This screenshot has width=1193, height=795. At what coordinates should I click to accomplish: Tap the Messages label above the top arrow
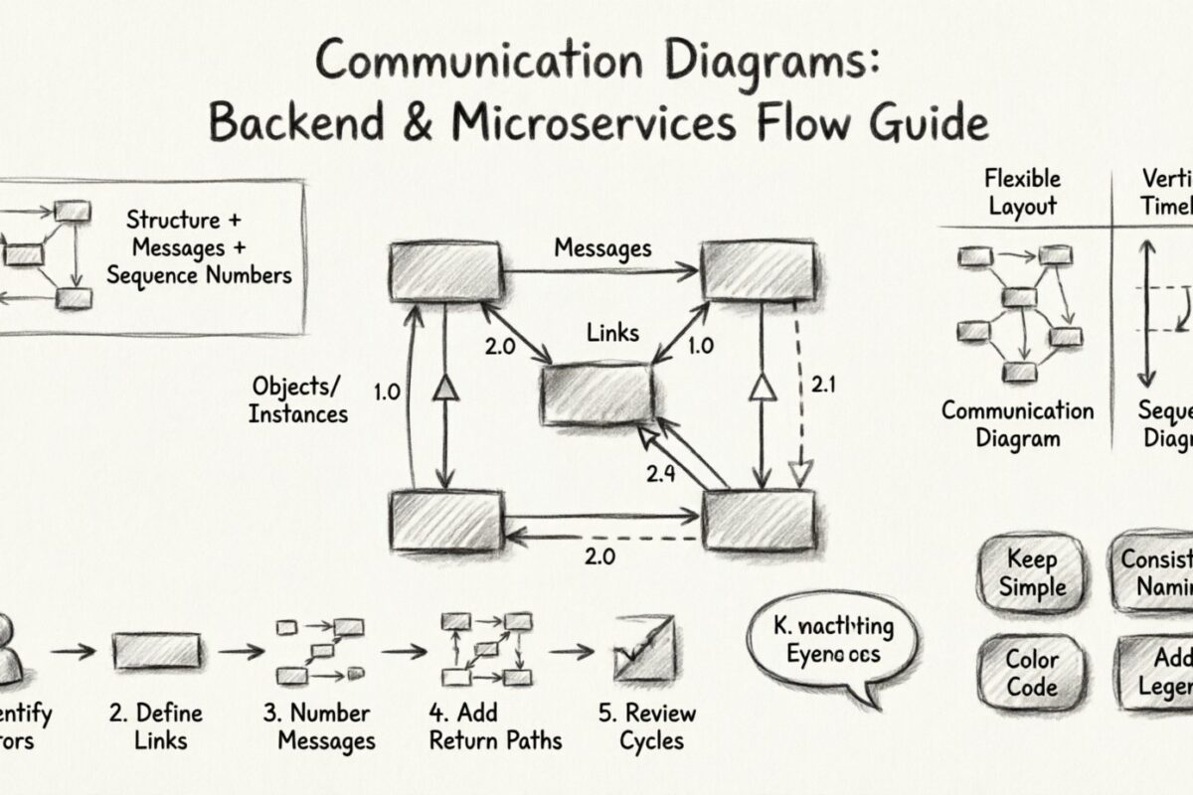click(602, 247)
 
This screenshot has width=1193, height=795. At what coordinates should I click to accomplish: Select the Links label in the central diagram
click(612, 332)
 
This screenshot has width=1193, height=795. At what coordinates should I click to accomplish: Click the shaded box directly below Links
click(596, 394)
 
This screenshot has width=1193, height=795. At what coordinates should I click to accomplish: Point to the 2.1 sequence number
click(823, 383)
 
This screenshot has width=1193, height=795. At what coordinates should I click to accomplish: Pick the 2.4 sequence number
click(662, 474)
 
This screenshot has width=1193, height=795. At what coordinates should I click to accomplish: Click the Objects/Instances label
click(298, 399)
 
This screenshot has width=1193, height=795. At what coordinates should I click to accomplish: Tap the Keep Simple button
click(1032, 572)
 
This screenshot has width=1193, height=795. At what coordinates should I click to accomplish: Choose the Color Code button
click(1031, 673)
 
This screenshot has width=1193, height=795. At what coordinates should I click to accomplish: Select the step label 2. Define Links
click(156, 726)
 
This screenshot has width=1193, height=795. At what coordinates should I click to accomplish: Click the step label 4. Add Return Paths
click(494, 726)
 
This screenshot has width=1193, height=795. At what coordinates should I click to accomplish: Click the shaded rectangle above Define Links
click(157, 652)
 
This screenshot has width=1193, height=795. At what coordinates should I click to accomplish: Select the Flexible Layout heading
click(1022, 193)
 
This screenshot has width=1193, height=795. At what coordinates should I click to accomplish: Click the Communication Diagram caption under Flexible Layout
click(1017, 424)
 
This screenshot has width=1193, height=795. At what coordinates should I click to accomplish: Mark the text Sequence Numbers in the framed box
click(199, 275)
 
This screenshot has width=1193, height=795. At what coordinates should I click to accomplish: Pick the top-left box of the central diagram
click(446, 271)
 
